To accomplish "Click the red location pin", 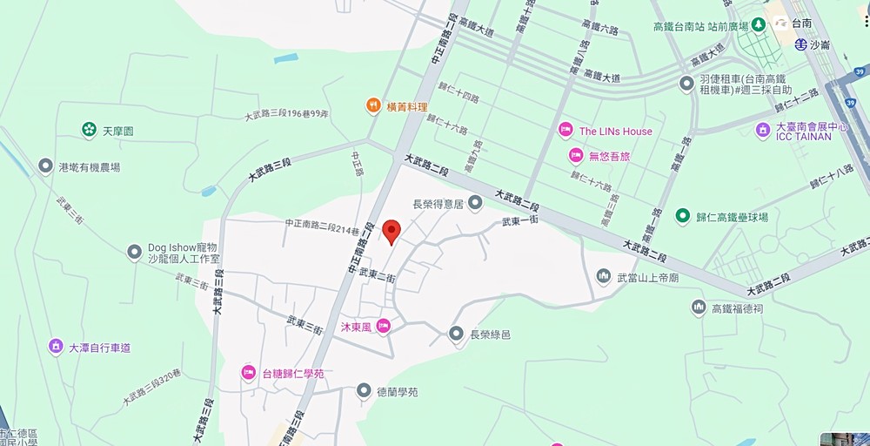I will coord(391,231).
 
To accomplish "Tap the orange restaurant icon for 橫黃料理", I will coord(373,106).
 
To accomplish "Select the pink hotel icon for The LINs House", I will coord(565,131).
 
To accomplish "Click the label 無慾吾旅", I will coord(609,156).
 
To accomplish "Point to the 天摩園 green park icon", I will coord(89,131).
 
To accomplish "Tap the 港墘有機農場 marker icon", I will coord(46,166).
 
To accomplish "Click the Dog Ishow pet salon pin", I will coord(134,253).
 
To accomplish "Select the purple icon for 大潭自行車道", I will coord(56,347).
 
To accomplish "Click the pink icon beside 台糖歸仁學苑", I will coord(248,373).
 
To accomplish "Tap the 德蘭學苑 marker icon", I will coord(364,392).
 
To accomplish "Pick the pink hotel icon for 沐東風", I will coord(384,327).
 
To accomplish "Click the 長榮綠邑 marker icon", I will coord(456,334).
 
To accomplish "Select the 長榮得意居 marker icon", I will coord(475,204).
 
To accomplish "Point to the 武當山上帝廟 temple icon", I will coord(603,277).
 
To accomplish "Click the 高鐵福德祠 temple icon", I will coord(698,307).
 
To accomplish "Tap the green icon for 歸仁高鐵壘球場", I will coord(682,216).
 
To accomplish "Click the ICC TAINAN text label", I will coord(804,137).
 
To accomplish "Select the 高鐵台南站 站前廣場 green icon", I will coord(758,26).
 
